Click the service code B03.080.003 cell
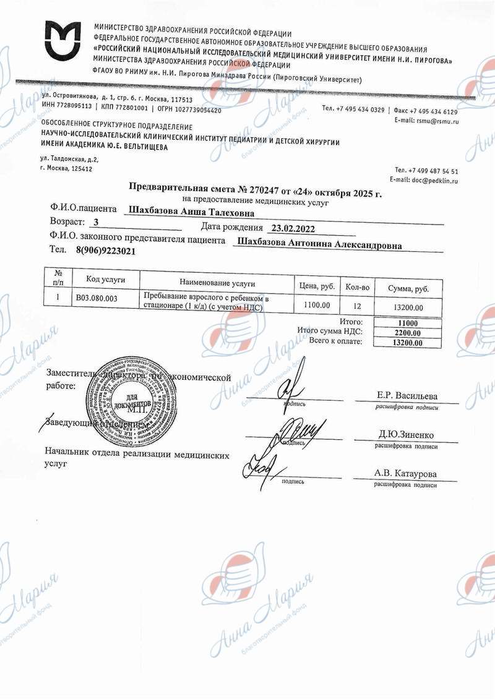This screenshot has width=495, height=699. coord(97,298)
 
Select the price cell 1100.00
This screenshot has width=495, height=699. coord(317,305)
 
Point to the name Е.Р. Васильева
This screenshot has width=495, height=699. coord(407,395)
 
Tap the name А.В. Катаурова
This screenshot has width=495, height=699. coord(405,473)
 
